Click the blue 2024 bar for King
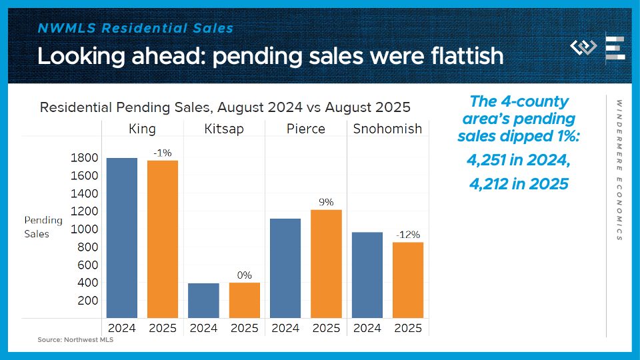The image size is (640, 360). (122, 237)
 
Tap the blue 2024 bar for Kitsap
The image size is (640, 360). (203, 300)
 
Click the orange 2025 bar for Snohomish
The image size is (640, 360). (407, 279)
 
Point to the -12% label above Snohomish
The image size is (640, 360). (407, 235)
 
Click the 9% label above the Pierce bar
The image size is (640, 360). (326, 202)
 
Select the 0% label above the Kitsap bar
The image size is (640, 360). (244, 275)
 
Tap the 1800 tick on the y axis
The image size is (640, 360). (84, 158)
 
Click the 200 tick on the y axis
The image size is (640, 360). (89, 301)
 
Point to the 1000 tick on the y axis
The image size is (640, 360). (84, 229)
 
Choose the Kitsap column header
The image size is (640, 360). (223, 129)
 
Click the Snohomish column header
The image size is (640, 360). (387, 129)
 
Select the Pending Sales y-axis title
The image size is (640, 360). (43, 227)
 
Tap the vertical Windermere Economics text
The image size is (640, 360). (619, 170)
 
